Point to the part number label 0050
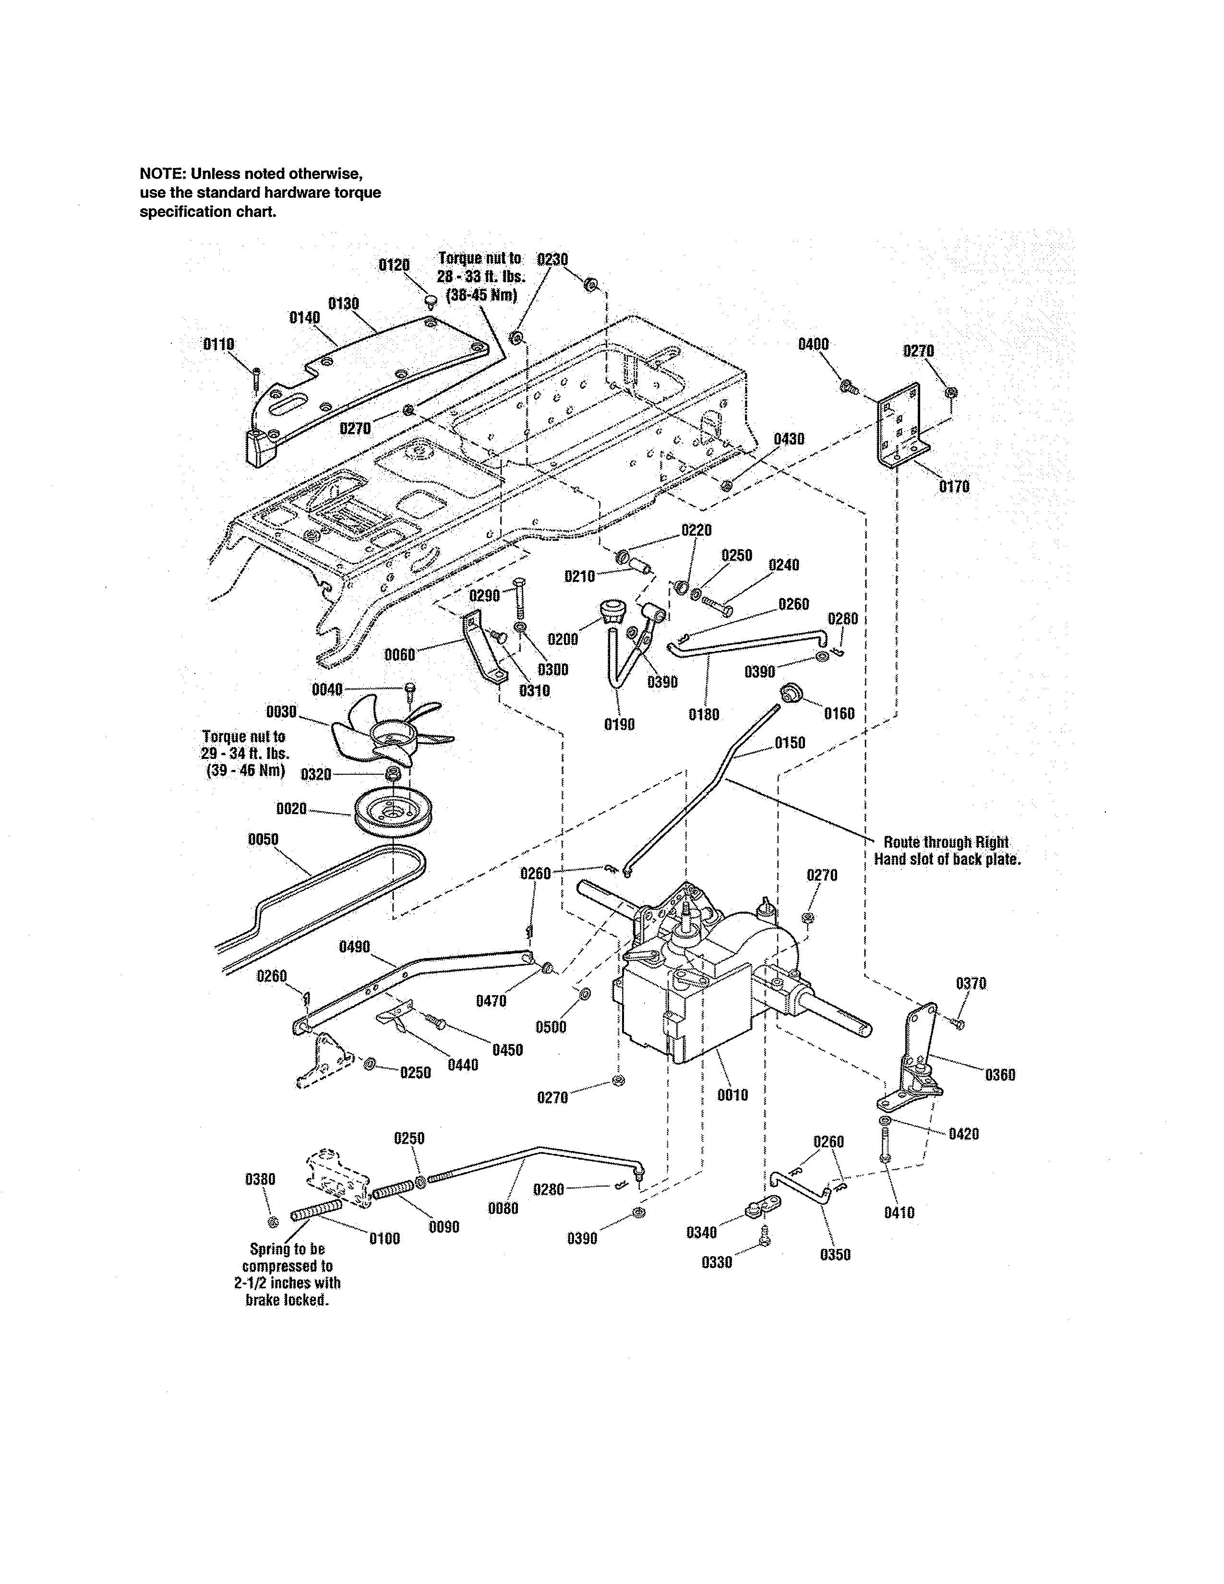pyautogui.click(x=263, y=839)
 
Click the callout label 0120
pyautogui.click(x=395, y=265)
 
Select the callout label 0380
pyautogui.click(x=260, y=1179)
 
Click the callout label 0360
pyautogui.click(x=1000, y=1075)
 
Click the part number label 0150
pyautogui.click(x=790, y=743)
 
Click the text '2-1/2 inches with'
pyautogui.click(x=287, y=1282)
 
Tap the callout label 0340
pyautogui.click(x=701, y=1232)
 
